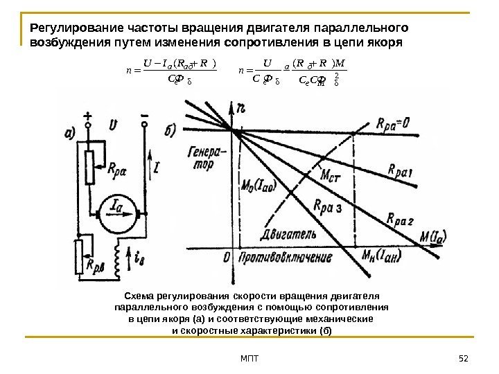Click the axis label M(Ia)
click(x=437, y=238)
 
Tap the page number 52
click(x=464, y=357)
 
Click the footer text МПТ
click(x=249, y=357)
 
